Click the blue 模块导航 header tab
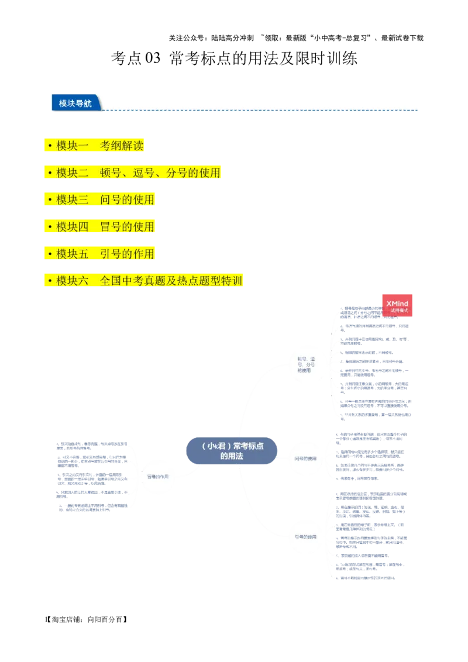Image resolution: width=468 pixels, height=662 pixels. coord(75,103)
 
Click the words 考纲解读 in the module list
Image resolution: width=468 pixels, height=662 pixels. coord(122,146)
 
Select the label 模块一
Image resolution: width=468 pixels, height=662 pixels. coord(73,146)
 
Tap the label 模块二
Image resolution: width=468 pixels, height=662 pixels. coord(73,173)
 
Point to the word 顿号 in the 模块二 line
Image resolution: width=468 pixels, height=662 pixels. coord(111,173)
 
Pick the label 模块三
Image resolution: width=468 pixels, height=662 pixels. coord(73,199)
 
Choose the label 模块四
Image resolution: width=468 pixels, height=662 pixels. coord(73,226)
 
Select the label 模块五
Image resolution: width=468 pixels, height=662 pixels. coord(73,254)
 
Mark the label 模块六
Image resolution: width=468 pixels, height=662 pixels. coord(73,281)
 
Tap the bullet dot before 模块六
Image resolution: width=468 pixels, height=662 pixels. coord(50,281)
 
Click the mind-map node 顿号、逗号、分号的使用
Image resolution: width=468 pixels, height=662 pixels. coord(306,364)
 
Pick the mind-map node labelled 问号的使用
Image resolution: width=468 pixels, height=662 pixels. coord(306,458)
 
